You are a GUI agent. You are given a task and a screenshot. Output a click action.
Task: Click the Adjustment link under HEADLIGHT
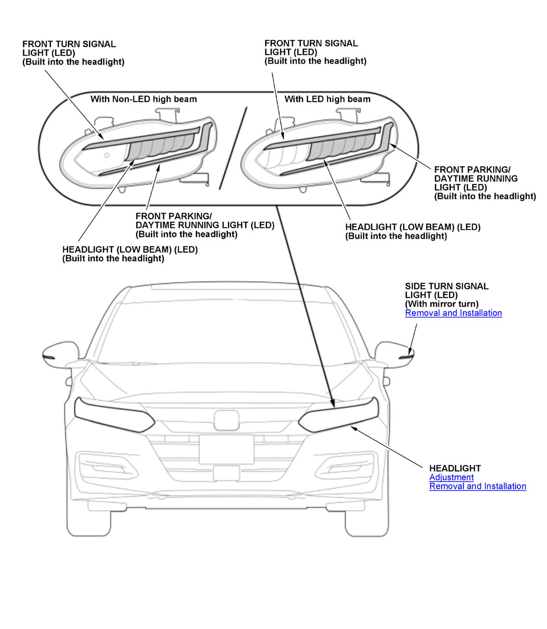[x=451, y=477]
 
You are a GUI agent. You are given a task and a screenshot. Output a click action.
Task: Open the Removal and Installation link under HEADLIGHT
[x=477, y=486]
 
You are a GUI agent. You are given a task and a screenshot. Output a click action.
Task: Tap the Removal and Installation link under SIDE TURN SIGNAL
[x=453, y=313]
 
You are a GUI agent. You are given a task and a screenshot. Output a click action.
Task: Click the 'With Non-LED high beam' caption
[x=144, y=99]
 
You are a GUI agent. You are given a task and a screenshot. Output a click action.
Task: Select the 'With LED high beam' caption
[x=327, y=99]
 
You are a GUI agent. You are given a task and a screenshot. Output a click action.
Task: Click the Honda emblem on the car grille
[x=227, y=420]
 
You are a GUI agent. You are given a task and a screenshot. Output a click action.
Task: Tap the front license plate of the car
[x=227, y=449]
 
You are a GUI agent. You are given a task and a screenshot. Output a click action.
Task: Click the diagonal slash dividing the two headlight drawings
[x=233, y=148]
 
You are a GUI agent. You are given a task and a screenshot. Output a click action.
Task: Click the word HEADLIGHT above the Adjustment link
[x=455, y=468]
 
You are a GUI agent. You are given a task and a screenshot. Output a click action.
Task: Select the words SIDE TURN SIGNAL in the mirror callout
[x=446, y=286]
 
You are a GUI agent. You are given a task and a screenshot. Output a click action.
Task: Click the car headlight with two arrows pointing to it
[x=340, y=415]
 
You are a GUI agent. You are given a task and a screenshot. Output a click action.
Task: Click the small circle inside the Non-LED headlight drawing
[x=107, y=155]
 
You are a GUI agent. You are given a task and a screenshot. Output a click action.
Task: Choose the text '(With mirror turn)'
[x=441, y=304]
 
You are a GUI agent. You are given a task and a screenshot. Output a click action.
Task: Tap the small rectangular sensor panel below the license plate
[x=227, y=473]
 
